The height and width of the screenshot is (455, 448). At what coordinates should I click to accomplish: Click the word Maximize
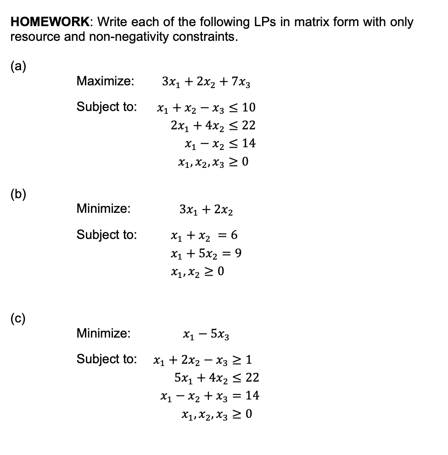tap(105, 81)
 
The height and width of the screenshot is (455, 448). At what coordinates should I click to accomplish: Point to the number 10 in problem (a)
tap(249, 108)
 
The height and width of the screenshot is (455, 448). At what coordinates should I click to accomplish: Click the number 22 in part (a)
tap(248, 125)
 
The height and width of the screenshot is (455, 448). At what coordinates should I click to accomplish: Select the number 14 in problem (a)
tap(248, 143)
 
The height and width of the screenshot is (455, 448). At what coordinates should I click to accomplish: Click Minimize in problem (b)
tap(103, 209)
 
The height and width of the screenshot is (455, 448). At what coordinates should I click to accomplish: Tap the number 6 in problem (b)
tap(234, 235)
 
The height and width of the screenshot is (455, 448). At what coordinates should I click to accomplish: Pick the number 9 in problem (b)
tap(238, 253)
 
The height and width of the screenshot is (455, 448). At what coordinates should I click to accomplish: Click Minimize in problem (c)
tap(103, 333)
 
